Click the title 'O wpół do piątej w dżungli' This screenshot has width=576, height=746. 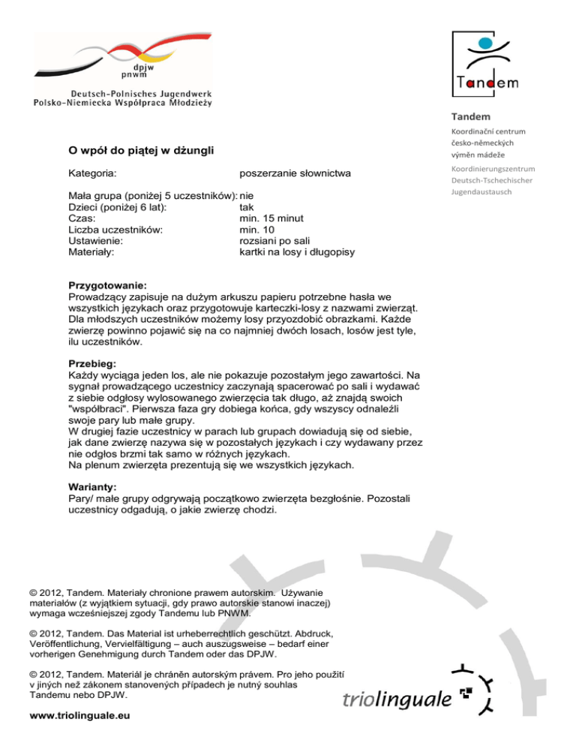(x=141, y=152)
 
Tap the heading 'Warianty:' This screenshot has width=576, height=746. (x=94, y=485)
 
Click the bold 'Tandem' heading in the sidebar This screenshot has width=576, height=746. (x=471, y=116)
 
